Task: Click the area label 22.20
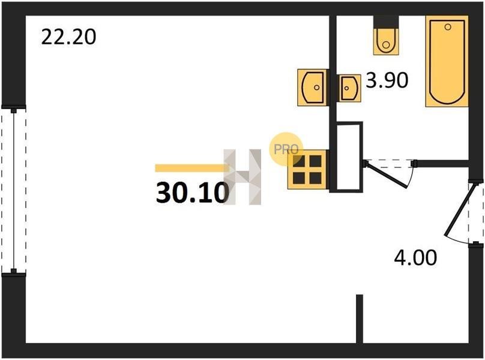(68, 37)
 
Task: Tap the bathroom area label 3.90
(387, 80)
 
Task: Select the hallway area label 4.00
(415, 257)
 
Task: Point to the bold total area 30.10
(193, 193)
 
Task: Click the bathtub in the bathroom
(447, 61)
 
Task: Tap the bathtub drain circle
(448, 27)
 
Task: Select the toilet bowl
(386, 41)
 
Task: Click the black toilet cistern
(386, 22)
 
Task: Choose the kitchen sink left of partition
(313, 88)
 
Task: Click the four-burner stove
(307, 169)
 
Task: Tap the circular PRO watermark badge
(286, 149)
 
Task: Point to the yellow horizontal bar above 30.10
(192, 168)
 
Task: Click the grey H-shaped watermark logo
(242, 176)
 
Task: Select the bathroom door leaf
(387, 175)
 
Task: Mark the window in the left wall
(14, 189)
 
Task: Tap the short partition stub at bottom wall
(359, 319)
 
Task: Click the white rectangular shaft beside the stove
(349, 157)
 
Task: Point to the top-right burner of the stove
(316, 161)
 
